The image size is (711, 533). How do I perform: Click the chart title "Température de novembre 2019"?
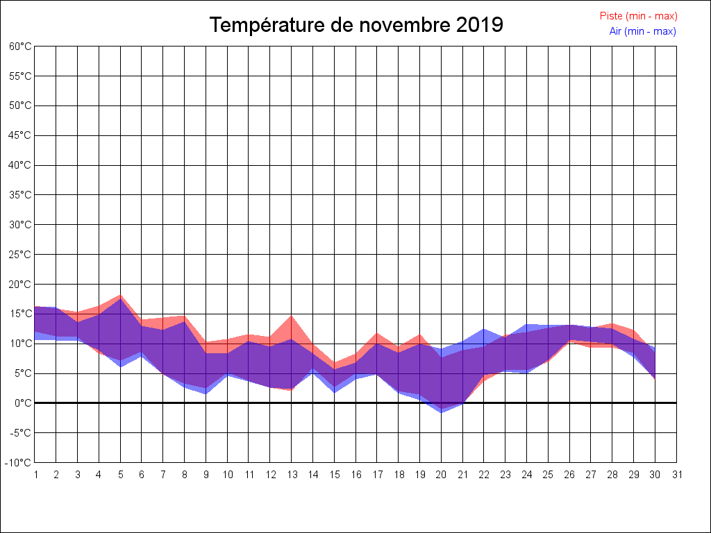pyautogui.click(x=356, y=25)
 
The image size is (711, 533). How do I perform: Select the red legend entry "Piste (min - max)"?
pyautogui.click(x=638, y=16)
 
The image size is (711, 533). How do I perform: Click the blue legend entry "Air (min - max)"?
pyautogui.click(x=642, y=31)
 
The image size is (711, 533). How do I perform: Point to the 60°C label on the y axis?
pyautogui.click(x=20, y=46)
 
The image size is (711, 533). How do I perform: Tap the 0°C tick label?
pyautogui.click(x=23, y=403)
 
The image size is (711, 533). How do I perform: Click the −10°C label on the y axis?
pyautogui.click(x=19, y=462)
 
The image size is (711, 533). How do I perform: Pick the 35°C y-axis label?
pyautogui.click(x=20, y=194)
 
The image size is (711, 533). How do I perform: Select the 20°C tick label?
pyautogui.click(x=20, y=284)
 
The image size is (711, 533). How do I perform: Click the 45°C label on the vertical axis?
pyautogui.click(x=20, y=135)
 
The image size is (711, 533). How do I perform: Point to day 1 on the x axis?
pyautogui.click(x=35, y=475)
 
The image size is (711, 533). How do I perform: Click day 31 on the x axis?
pyautogui.click(x=677, y=475)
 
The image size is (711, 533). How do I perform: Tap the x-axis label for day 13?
pyautogui.click(x=292, y=475)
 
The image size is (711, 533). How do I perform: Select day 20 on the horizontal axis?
pyautogui.click(x=441, y=475)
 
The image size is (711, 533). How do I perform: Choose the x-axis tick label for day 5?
pyautogui.click(x=120, y=475)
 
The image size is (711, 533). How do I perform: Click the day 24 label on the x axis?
pyautogui.click(x=527, y=475)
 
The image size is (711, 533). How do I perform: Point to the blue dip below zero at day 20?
pyautogui.click(x=441, y=412)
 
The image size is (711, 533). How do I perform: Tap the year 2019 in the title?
pyautogui.click(x=480, y=25)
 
